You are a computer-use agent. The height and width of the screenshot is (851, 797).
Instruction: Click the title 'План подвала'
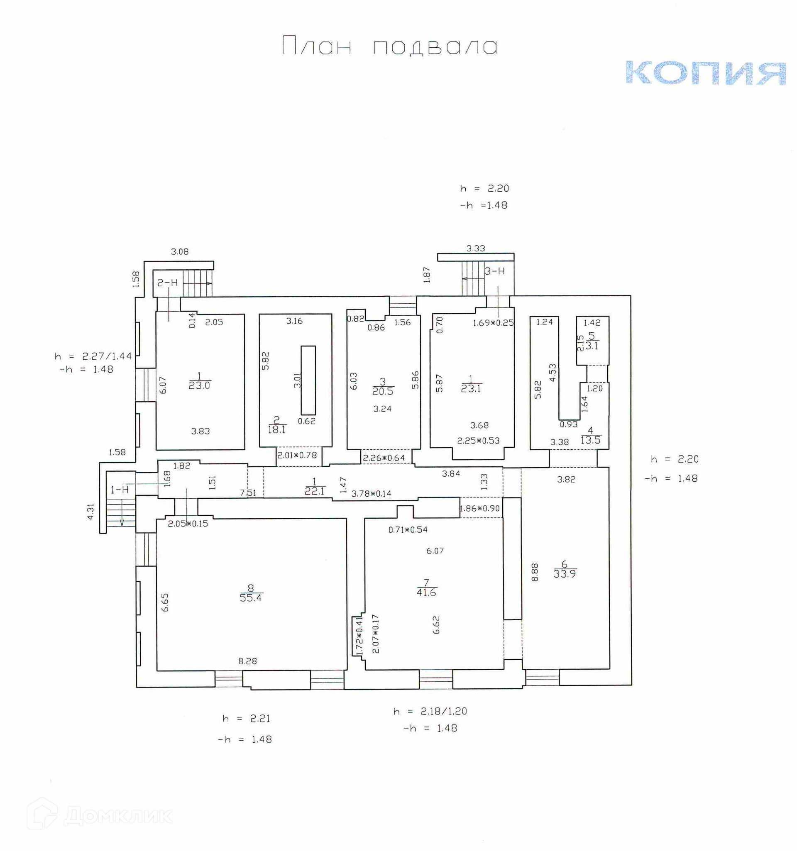[389, 46]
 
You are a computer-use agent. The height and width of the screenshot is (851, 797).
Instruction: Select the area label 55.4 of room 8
[251, 598]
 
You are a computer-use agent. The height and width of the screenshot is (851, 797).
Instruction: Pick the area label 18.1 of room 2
[276, 429]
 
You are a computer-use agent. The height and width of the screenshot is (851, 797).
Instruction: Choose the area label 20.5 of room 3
[382, 391]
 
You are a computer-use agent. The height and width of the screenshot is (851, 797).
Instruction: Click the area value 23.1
[471, 389]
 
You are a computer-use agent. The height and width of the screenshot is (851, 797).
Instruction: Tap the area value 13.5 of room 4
[590, 440]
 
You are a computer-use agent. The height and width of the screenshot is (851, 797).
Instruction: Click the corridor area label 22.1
[314, 491]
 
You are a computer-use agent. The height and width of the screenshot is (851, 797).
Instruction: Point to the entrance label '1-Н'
[120, 490]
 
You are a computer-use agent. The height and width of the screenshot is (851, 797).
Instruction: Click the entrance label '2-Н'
[167, 283]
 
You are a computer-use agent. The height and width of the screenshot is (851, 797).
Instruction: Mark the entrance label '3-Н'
[495, 271]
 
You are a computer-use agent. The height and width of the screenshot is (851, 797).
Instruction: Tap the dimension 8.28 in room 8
[247, 661]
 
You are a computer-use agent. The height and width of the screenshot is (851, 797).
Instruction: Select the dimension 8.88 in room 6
[535, 572]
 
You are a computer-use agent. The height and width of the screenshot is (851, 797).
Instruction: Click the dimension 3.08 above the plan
[179, 252]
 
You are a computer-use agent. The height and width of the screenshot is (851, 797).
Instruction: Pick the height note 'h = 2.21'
[246, 719]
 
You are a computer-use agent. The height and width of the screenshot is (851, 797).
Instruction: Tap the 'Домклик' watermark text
[118, 816]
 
